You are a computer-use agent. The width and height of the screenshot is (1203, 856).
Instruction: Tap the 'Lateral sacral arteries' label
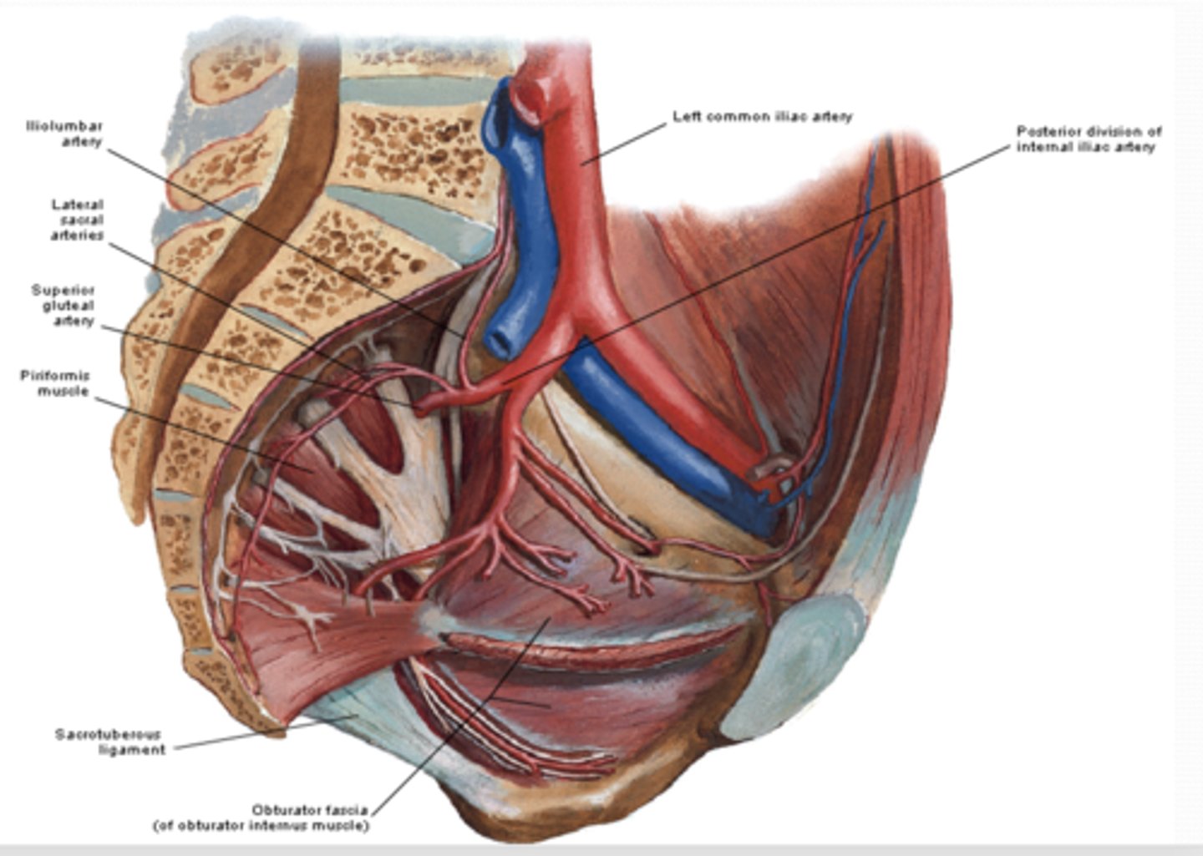[77, 220]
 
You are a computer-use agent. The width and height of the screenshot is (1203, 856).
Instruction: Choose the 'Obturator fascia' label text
[309, 810]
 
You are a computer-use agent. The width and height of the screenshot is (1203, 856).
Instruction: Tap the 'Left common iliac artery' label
[762, 117]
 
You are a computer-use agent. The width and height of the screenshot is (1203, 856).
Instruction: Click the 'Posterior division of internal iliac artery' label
[1088, 139]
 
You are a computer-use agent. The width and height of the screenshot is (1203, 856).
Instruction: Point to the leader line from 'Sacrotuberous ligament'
[251, 735]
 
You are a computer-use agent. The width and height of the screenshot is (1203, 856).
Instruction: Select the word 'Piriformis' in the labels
[55, 376]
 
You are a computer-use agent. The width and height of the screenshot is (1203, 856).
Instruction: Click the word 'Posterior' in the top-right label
[1049, 131]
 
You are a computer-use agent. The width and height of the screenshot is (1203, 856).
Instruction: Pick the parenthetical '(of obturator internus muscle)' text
[260, 826]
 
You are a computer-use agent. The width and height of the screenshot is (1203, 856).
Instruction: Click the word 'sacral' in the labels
[81, 220]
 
